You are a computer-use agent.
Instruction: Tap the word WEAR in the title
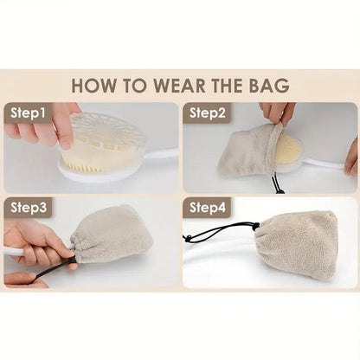coord(177,86)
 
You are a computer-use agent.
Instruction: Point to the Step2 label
coord(207,112)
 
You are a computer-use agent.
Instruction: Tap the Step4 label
coord(207,208)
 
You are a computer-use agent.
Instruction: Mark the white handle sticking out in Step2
coord(325,163)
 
